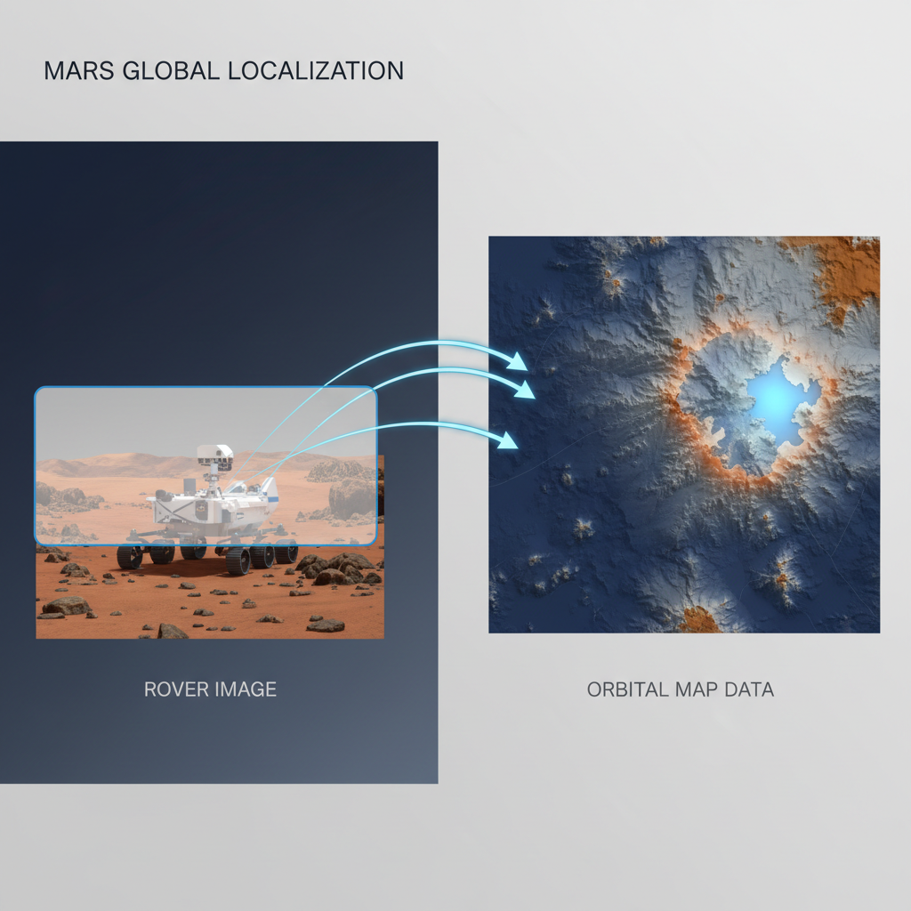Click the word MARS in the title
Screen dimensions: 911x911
(x=73, y=71)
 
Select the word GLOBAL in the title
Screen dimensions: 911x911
(x=166, y=71)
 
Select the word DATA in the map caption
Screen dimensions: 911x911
(x=748, y=689)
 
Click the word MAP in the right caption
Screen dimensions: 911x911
(x=695, y=689)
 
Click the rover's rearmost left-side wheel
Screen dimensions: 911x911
(x=130, y=557)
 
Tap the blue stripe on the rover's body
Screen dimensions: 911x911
(x=272, y=501)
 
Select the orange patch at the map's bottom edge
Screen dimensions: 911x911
(x=699, y=620)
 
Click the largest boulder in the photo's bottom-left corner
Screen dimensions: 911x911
(x=67, y=606)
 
